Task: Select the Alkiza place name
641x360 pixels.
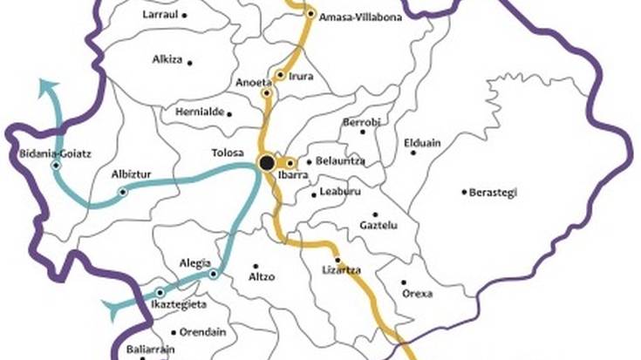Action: [167, 61]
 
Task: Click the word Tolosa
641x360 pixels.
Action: [228, 153]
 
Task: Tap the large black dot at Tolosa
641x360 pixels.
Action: [267, 162]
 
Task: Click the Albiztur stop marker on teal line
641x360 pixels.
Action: [123, 192]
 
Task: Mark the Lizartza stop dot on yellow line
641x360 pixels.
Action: [338, 260]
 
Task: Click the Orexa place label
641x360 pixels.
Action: [417, 294]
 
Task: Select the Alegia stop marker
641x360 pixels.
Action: [214, 274]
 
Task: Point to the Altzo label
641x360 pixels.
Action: [262, 277]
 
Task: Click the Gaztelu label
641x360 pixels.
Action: [378, 225]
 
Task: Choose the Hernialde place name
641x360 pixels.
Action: [195, 113]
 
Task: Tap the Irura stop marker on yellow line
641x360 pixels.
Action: [280, 76]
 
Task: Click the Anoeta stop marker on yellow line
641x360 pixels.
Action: [267, 92]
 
